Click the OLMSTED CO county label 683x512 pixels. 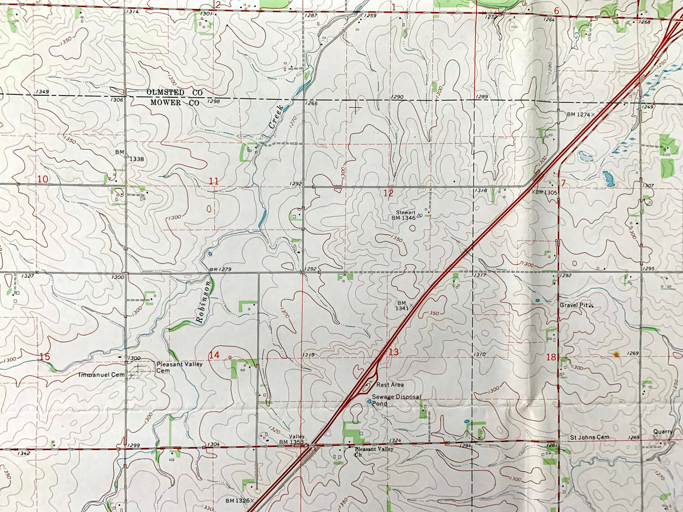[174, 93]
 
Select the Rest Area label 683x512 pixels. [390, 385]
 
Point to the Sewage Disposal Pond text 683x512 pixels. [396, 400]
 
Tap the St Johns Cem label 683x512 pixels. [589, 437]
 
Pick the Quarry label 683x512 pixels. [663, 432]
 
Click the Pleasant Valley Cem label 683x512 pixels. [180, 367]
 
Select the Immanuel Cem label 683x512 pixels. [102, 375]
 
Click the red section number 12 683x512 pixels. [388, 193]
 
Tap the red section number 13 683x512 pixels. [394, 352]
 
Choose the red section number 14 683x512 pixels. [214, 355]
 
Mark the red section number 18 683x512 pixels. [551, 357]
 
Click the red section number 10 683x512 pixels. [43, 179]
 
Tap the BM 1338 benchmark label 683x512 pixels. [130, 156]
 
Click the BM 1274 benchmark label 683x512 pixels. [579, 114]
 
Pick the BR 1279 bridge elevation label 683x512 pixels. [220, 270]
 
